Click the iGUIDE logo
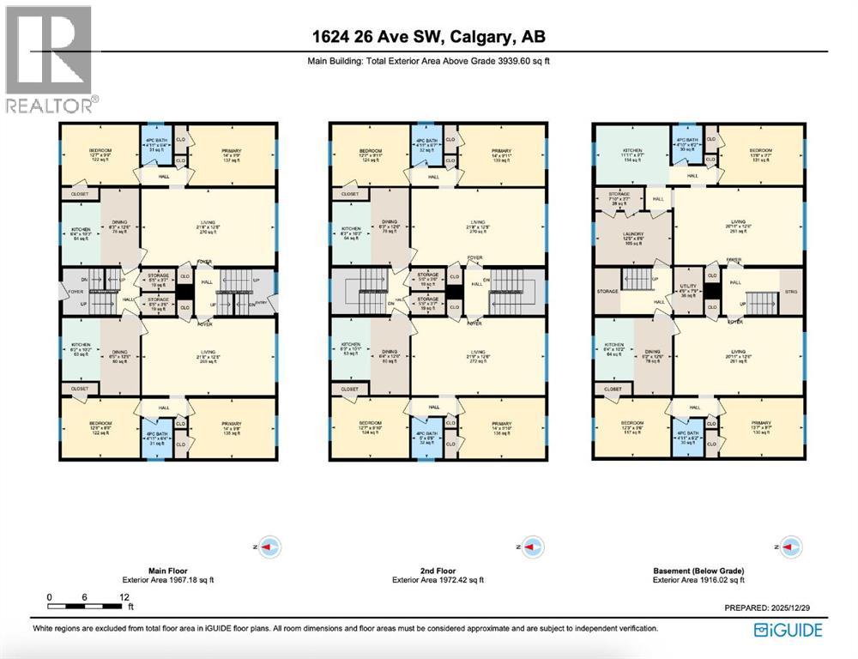pyautogui.click(x=788, y=631)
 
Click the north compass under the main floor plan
pyautogui.click(x=268, y=546)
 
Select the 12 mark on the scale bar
pyautogui.click(x=124, y=596)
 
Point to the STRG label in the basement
pyautogui.click(x=789, y=292)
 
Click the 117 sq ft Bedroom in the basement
pyautogui.click(x=632, y=426)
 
